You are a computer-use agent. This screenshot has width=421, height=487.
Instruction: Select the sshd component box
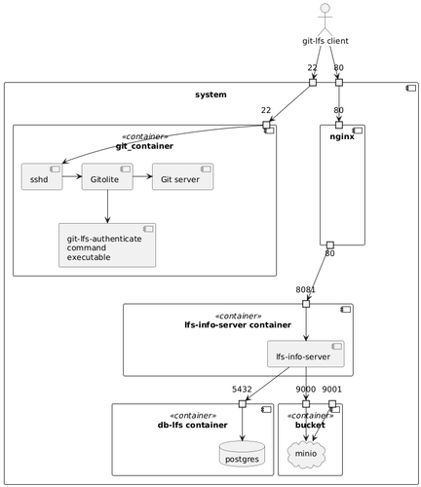point(41,177)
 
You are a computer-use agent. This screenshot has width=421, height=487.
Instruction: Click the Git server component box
point(182,177)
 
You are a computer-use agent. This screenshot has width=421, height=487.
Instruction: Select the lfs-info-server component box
point(307,357)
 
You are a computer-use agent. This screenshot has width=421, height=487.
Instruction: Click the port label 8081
point(305,289)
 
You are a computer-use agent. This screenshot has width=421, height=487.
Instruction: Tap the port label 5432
point(242,389)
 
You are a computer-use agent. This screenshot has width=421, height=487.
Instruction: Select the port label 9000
point(305,389)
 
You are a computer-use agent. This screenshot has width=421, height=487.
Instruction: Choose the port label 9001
point(332,389)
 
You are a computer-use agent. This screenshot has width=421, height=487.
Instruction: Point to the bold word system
point(210,94)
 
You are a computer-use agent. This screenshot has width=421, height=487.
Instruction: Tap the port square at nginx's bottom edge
point(329,243)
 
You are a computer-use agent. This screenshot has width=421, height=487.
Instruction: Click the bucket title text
point(310,426)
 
